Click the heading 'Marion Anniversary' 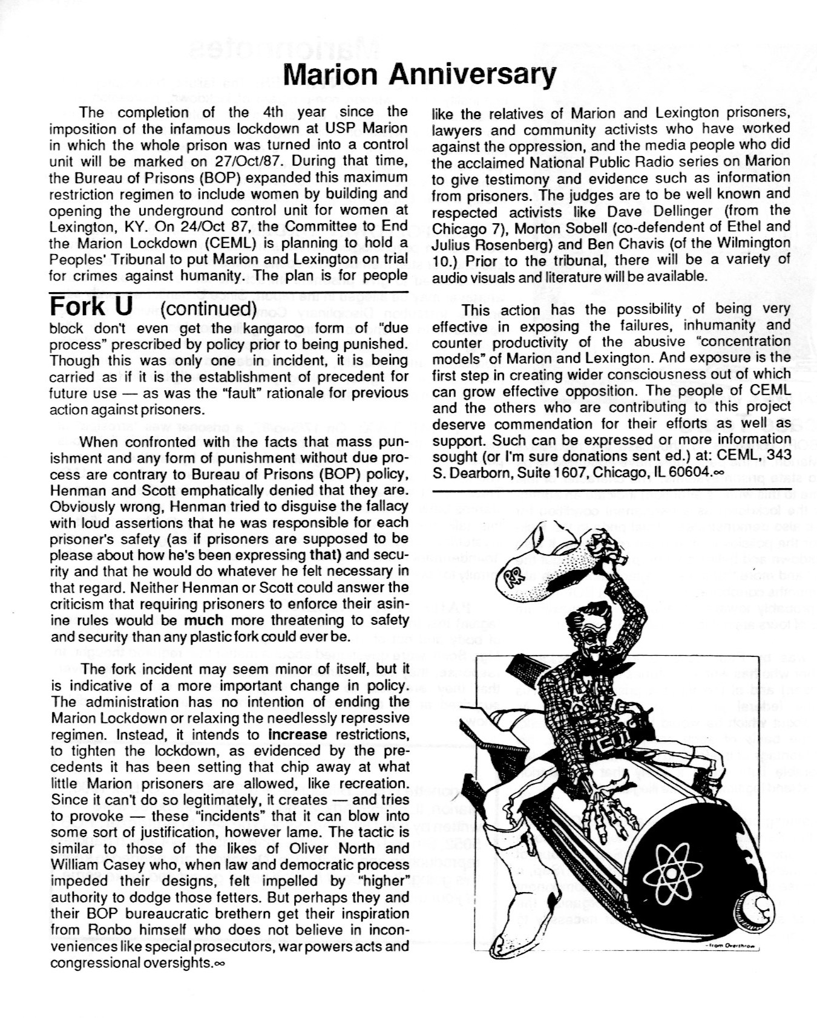click(x=419, y=75)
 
